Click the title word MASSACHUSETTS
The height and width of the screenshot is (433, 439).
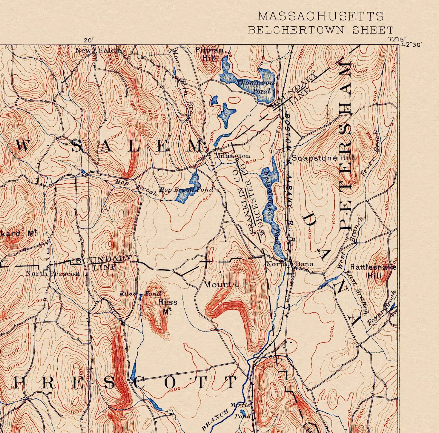point(320,16)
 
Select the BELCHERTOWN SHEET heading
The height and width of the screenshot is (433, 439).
point(321,30)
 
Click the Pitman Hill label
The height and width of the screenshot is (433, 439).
point(209,54)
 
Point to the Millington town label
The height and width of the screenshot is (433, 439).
point(232,156)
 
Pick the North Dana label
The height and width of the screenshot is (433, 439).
point(290,264)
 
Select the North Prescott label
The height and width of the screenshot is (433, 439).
point(53,274)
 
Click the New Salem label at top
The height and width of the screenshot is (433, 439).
point(99,51)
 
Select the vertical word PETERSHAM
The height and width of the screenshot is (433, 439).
point(346,147)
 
